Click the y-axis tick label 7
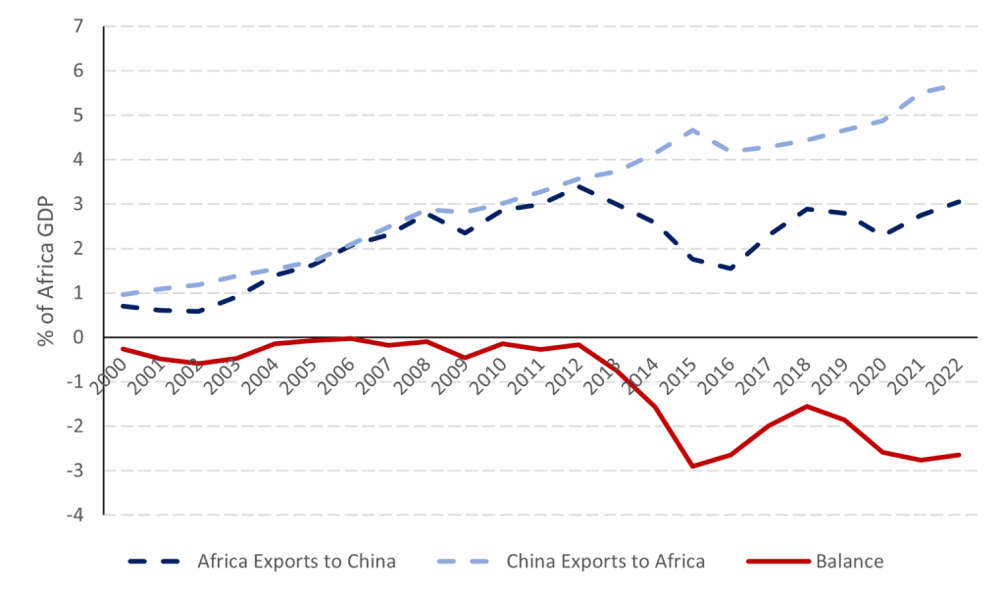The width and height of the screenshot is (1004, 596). (x=76, y=25)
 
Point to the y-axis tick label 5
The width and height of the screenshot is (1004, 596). (x=76, y=115)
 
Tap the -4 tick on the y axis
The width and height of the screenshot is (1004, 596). (x=74, y=514)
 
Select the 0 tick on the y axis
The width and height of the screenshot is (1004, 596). (x=76, y=337)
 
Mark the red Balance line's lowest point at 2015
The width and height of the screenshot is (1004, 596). (x=693, y=467)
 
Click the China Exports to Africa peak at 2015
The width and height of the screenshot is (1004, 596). (x=693, y=129)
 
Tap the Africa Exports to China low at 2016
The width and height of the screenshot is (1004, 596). (x=731, y=268)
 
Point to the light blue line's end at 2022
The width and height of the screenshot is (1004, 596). (x=958, y=84)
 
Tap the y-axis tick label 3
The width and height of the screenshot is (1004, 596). (x=76, y=204)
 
